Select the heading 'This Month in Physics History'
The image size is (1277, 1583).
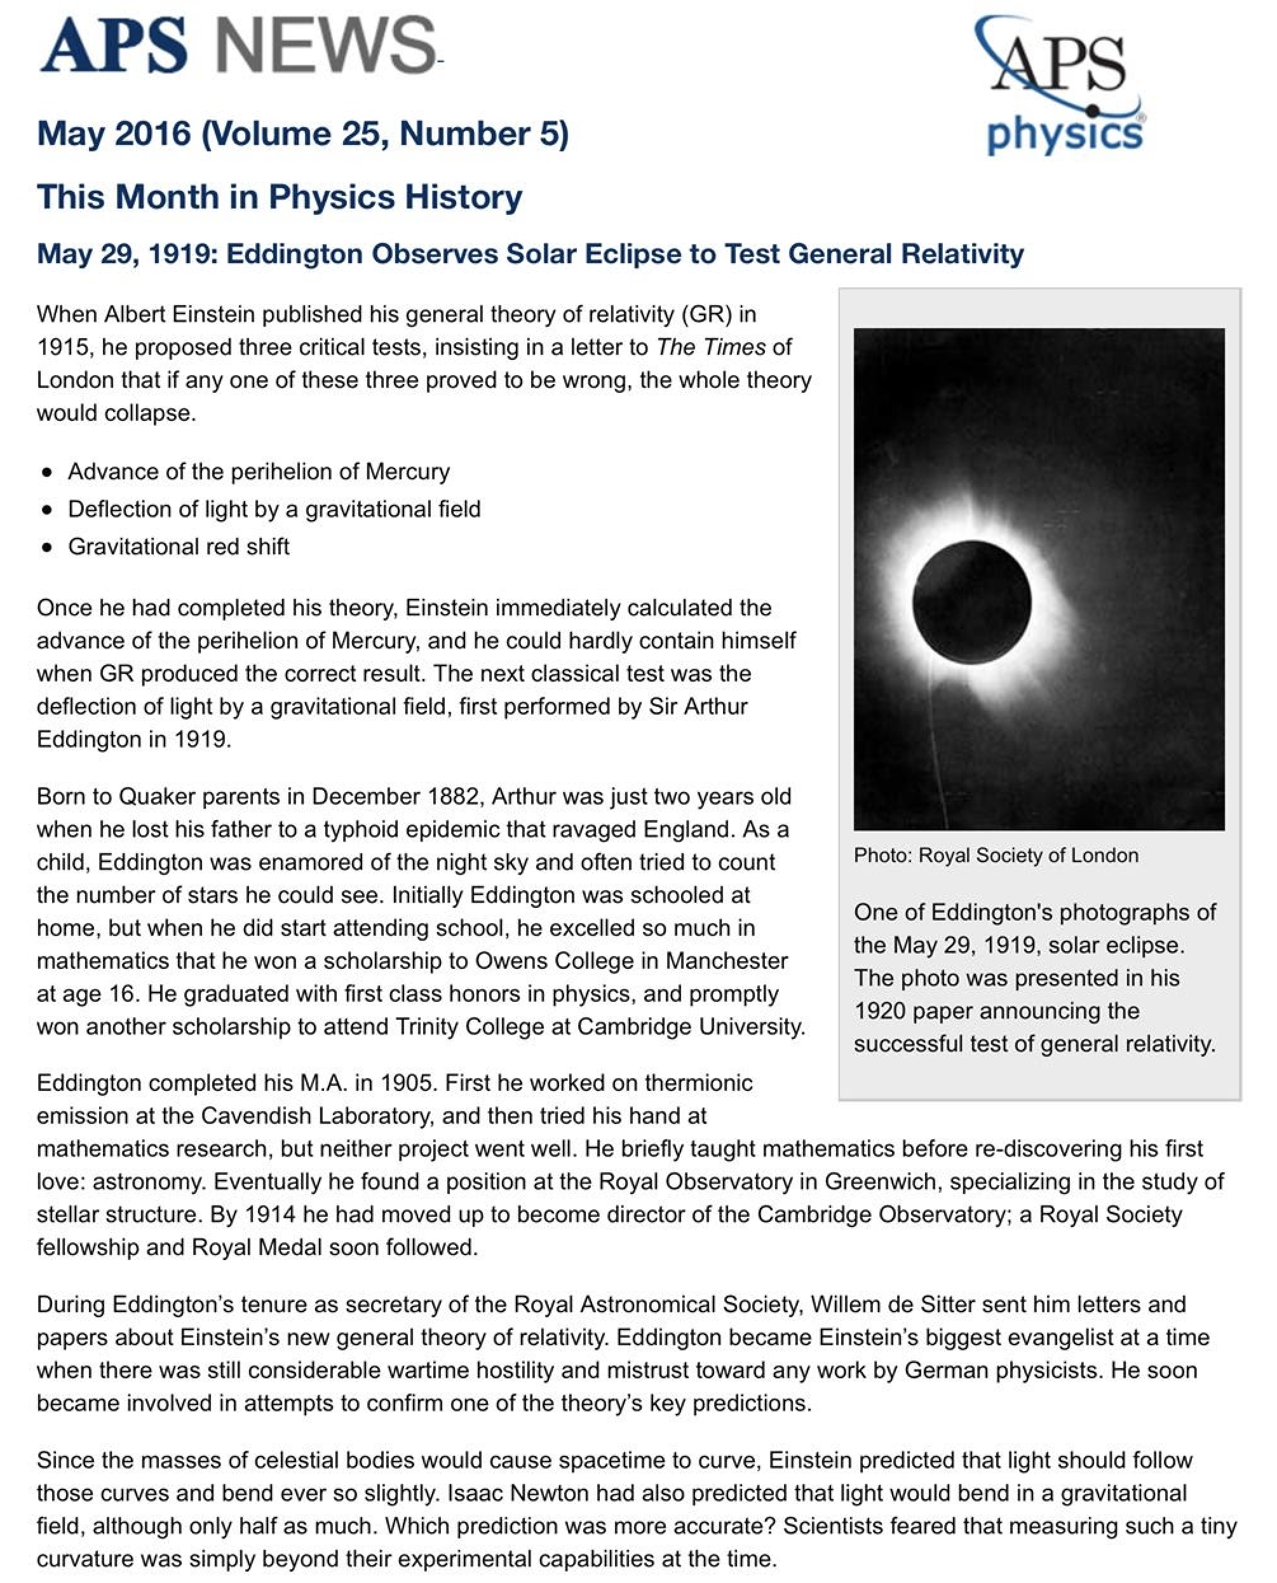pyautogui.click(x=280, y=197)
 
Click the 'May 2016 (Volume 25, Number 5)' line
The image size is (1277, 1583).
pyautogui.click(x=302, y=134)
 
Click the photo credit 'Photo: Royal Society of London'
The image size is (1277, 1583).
pyautogui.click(x=996, y=855)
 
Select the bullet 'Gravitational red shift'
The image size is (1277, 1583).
pyautogui.click(x=179, y=547)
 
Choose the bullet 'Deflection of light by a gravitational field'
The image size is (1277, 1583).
pyautogui.click(x=274, y=509)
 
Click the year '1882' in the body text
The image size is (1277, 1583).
pyautogui.click(x=456, y=797)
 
